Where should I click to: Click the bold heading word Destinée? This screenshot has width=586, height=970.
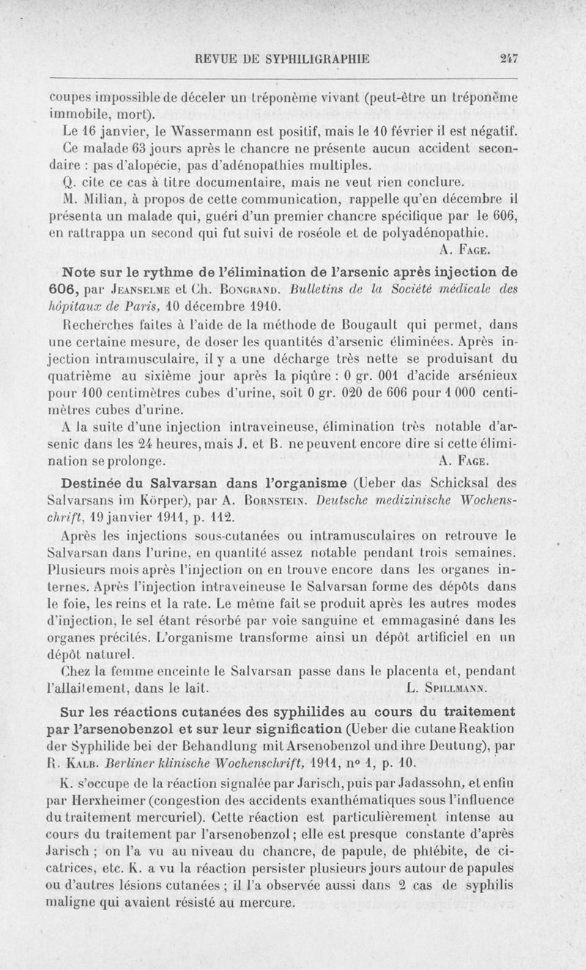point(90,483)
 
